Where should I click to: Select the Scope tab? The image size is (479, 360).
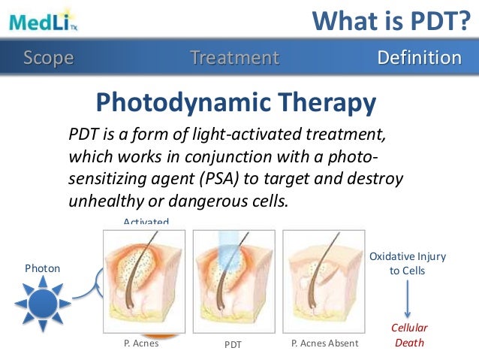point(49,58)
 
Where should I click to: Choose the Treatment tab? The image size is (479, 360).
point(234,58)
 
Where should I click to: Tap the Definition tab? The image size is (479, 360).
point(419,58)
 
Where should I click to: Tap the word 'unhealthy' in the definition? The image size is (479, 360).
point(100,201)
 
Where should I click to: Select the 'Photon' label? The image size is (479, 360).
point(42,268)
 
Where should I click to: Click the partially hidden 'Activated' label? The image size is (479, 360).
point(146,222)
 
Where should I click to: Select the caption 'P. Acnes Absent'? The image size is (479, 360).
point(324,343)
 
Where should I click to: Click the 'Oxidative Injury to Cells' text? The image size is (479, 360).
point(407,263)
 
